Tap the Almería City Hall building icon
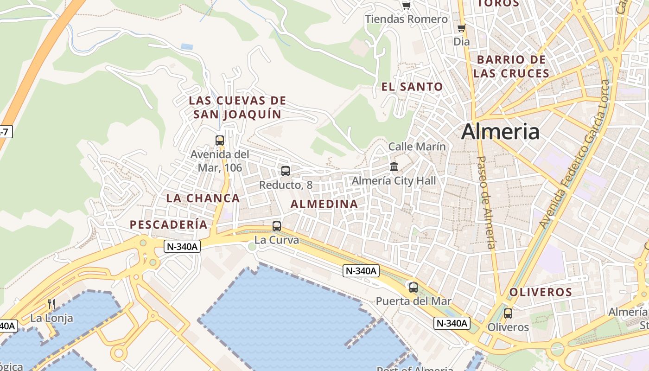(x=394, y=166)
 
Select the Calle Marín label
(x=417, y=147)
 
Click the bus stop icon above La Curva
(x=277, y=226)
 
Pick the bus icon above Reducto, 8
(x=286, y=171)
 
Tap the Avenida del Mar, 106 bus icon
(x=220, y=140)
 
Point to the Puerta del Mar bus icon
(x=413, y=287)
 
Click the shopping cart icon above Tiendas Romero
(x=406, y=6)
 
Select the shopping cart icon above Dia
(x=461, y=28)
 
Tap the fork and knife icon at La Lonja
(x=51, y=304)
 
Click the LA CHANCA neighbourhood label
(x=203, y=198)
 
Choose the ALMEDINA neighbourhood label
(x=324, y=204)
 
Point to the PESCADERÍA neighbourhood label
(x=168, y=224)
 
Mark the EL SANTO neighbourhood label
(x=412, y=86)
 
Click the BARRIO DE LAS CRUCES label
(x=511, y=66)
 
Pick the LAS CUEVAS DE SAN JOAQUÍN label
(x=237, y=107)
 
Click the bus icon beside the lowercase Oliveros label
(x=508, y=313)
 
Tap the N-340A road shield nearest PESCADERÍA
(x=182, y=247)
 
